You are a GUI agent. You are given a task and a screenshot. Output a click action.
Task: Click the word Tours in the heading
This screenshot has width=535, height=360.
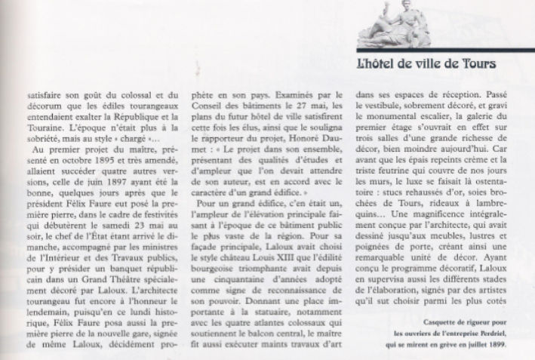476,66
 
